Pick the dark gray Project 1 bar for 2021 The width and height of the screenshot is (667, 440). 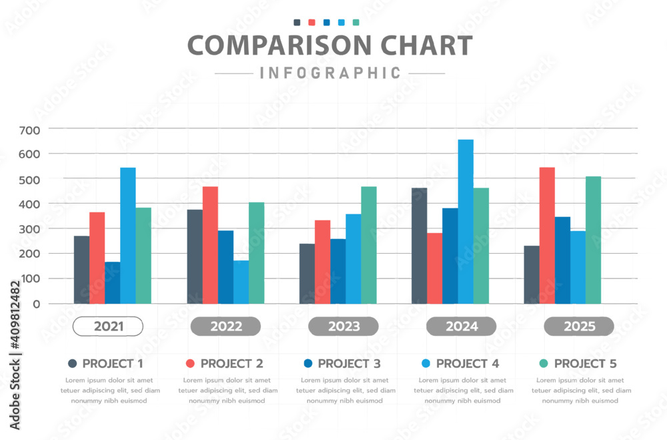(x=81, y=270)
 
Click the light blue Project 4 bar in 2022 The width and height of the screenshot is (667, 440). (x=241, y=282)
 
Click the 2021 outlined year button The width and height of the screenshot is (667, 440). (x=107, y=326)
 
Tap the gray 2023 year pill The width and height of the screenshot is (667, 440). (x=343, y=326)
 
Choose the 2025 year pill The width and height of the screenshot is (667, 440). (x=578, y=326)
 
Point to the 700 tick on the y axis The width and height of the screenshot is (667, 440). (x=29, y=129)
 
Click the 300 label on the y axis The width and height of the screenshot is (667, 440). (x=29, y=229)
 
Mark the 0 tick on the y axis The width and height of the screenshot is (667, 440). (x=35, y=304)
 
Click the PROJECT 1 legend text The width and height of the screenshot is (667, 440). (x=113, y=364)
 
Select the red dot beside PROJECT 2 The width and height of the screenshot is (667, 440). (x=190, y=364)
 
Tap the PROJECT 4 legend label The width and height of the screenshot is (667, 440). (x=467, y=364)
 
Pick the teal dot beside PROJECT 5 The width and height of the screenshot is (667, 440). (x=544, y=364)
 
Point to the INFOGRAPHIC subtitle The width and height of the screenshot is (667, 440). (x=330, y=73)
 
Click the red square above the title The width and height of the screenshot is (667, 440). (x=311, y=23)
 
